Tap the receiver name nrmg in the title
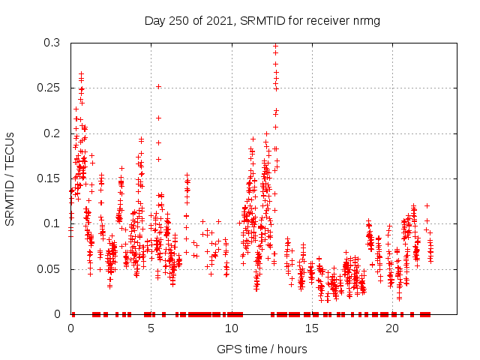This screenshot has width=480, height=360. tap(365, 20)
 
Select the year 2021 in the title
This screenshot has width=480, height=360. tap(219, 20)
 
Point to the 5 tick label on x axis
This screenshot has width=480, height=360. tap(151, 328)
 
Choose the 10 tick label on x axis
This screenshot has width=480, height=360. tap(232, 328)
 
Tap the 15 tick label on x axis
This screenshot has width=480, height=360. tap(312, 328)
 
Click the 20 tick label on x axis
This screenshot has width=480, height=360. tap(392, 328)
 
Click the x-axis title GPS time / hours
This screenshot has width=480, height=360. tap(262, 349)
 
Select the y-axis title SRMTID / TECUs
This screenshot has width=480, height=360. tap(10, 178)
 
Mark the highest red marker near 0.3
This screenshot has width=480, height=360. tap(275, 46)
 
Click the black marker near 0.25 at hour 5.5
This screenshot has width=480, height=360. tap(158, 86)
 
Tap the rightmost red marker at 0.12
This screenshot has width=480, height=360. tap(427, 205)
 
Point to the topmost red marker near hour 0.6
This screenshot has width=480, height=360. tap(81, 73)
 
